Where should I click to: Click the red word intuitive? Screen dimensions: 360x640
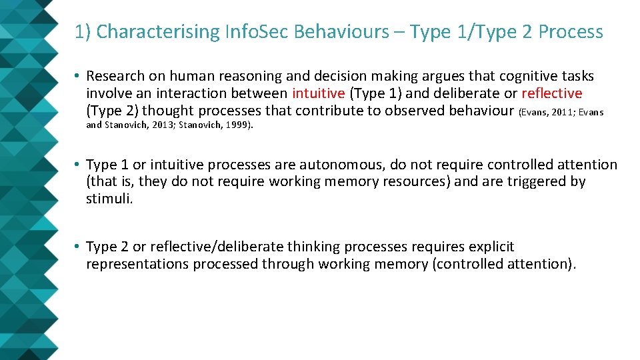318,93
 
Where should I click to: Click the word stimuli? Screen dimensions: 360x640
109,199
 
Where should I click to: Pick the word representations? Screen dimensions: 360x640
137,264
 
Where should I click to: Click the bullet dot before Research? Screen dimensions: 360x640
78,77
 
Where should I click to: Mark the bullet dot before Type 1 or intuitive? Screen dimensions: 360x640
78,165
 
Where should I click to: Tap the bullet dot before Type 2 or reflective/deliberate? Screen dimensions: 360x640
78,247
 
